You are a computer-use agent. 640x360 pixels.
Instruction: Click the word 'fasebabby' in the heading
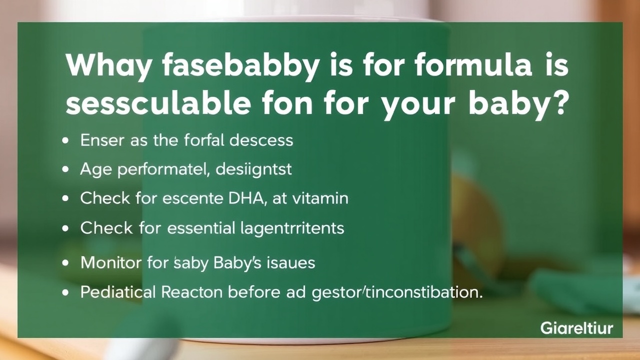pyautogui.click(x=240, y=66)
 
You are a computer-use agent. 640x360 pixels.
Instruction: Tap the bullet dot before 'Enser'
pyautogui.click(x=65, y=141)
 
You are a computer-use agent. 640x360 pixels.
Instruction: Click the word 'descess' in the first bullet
pyautogui.click(x=261, y=140)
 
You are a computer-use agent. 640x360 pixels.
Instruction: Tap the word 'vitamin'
pyautogui.click(x=320, y=198)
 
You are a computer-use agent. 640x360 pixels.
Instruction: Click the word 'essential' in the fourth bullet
pyautogui.click(x=201, y=227)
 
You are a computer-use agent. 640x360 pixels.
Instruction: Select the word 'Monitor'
pyautogui.click(x=111, y=262)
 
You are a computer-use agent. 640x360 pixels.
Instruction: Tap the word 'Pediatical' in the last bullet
pyautogui.click(x=118, y=292)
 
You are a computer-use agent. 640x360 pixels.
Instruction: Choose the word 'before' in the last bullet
pyautogui.click(x=254, y=291)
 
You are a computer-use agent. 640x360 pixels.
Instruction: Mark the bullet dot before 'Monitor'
pyautogui.click(x=65, y=263)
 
